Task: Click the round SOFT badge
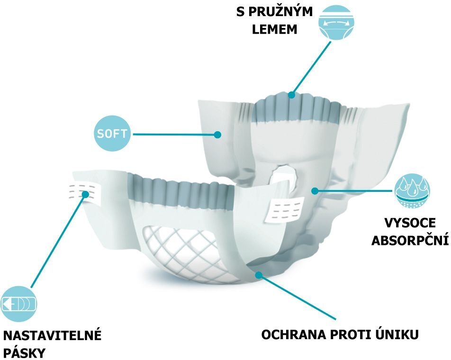coord(112,134)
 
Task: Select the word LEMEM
coord(274,29)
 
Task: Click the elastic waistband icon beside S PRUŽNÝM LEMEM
coord(336,22)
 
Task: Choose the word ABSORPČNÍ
coord(410,240)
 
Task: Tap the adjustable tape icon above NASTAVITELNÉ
coord(18,304)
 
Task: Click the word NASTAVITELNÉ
coord(52,335)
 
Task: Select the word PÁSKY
coord(24,352)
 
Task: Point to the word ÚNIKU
coord(397,334)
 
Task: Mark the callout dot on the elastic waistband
coord(292,95)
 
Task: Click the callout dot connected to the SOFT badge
coord(217,134)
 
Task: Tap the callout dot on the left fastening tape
coord(85,194)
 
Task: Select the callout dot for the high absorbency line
coord(315,190)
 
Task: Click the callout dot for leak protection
coord(259,275)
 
